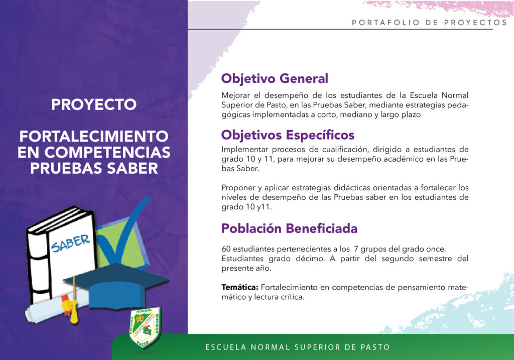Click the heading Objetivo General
pos(275,79)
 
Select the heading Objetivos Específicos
pos(288,135)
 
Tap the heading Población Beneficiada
pos(289,228)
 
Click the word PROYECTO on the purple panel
pos(94,104)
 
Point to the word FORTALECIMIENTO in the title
pos(94,137)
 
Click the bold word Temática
pos(240,287)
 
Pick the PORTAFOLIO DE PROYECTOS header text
pos(430,23)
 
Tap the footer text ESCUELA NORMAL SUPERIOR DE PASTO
pos(298,347)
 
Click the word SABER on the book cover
pos(70,243)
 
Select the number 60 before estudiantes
pos(226,249)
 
